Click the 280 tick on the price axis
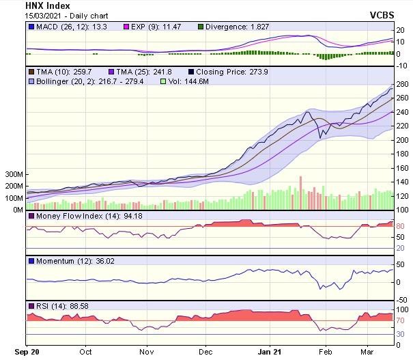point(401,84)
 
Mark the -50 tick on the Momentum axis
point(401,299)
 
